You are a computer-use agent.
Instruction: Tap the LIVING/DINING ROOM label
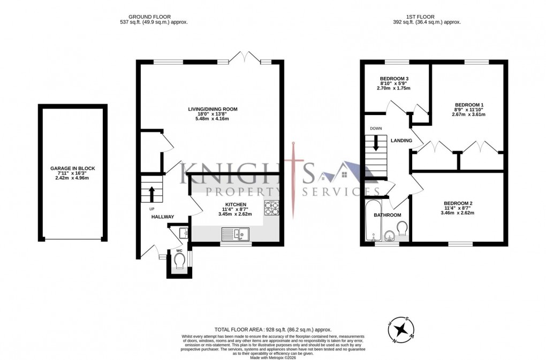pyautogui.click(x=213, y=109)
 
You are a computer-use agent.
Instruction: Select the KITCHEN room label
pyautogui.click(x=236, y=205)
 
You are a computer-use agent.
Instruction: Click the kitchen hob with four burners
pyautogui.click(x=272, y=207)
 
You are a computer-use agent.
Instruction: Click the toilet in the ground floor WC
pyautogui.click(x=179, y=261)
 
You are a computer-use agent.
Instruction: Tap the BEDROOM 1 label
pyautogui.click(x=469, y=105)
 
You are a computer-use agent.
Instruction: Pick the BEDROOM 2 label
pyautogui.click(x=458, y=203)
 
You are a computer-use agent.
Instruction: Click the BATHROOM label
pyautogui.click(x=387, y=215)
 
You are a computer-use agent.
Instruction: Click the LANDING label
pyautogui.click(x=401, y=141)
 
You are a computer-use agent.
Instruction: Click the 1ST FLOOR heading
pyautogui.click(x=426, y=16)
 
